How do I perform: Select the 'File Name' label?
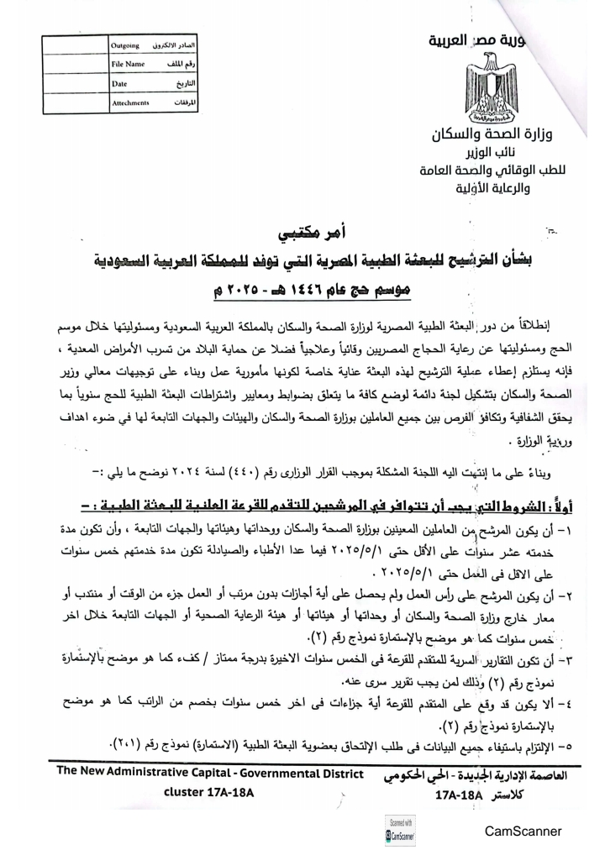(x=129, y=64)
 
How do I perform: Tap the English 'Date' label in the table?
(x=118, y=84)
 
